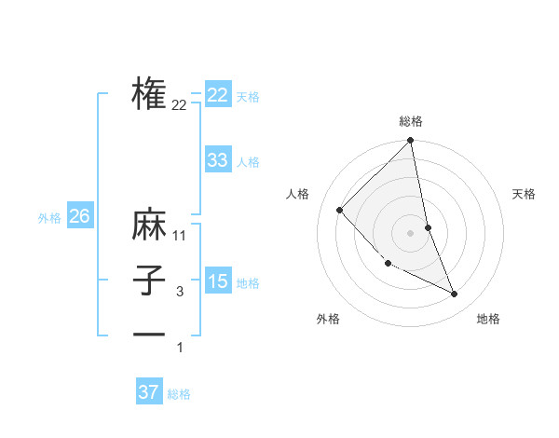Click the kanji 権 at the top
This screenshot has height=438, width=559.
[x=149, y=93]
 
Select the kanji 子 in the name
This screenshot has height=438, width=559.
[x=149, y=281]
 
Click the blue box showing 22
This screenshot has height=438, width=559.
[x=217, y=95]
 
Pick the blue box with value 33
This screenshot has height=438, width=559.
[x=217, y=160]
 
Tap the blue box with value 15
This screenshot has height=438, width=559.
[x=217, y=281]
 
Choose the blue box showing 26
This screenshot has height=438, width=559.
[x=79, y=216]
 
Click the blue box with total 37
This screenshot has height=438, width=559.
[x=149, y=392]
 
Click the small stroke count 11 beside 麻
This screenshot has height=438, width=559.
[x=180, y=236]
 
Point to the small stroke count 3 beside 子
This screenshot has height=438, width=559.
[x=180, y=292]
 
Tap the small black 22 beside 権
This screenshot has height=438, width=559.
[x=180, y=105]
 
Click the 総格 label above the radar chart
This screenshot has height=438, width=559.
[x=411, y=121]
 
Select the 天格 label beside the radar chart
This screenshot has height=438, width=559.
[x=525, y=194]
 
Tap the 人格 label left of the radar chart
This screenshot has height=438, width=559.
[x=298, y=194]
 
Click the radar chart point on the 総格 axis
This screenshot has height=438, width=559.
[x=411, y=142]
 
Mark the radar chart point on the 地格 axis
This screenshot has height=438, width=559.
[x=455, y=294]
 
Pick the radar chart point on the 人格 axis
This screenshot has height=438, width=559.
[x=340, y=210]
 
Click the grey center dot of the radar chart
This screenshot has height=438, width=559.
[x=411, y=232]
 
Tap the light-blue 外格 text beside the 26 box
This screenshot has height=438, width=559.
[x=49, y=218]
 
